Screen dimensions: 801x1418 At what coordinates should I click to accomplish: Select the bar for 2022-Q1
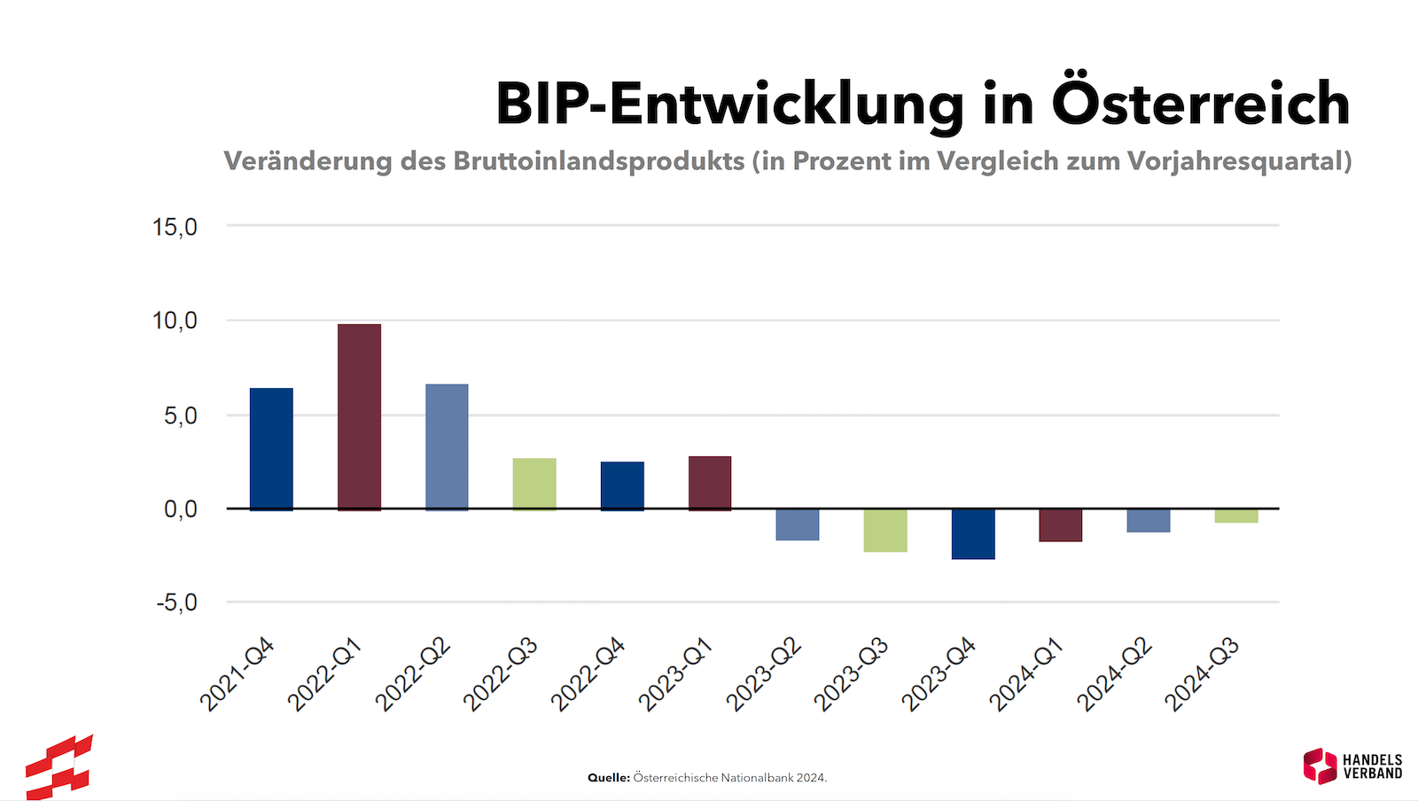(x=359, y=416)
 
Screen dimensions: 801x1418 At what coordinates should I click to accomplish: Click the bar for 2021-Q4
(x=271, y=448)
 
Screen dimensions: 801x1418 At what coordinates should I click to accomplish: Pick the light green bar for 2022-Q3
(x=534, y=484)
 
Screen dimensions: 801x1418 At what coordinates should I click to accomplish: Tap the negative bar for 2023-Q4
(x=973, y=533)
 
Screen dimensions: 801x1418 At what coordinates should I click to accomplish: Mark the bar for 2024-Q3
(x=1236, y=516)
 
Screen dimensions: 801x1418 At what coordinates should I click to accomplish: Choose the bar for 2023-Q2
(x=798, y=525)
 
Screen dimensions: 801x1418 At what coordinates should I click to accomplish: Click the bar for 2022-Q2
(x=447, y=447)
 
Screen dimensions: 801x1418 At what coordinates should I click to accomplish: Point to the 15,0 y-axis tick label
(x=175, y=227)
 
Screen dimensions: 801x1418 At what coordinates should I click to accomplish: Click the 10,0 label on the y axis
(x=175, y=321)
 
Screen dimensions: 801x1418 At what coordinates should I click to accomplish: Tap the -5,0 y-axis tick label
(x=176, y=603)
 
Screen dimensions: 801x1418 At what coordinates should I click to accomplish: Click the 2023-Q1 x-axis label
(x=675, y=675)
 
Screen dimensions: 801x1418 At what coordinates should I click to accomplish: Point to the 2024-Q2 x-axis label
(x=1114, y=675)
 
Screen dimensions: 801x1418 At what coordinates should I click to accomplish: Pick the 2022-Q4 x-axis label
(x=588, y=675)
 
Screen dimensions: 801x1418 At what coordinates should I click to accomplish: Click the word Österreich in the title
(x=1201, y=103)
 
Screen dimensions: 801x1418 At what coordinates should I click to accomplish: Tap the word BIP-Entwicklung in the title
(x=729, y=105)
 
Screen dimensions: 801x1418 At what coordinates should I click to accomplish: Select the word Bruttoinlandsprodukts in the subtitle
(x=599, y=161)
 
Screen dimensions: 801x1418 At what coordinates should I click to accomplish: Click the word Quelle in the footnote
(x=608, y=778)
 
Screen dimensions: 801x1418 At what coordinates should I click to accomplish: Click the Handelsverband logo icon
(x=1320, y=766)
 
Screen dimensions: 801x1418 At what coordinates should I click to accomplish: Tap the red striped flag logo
(x=58, y=767)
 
